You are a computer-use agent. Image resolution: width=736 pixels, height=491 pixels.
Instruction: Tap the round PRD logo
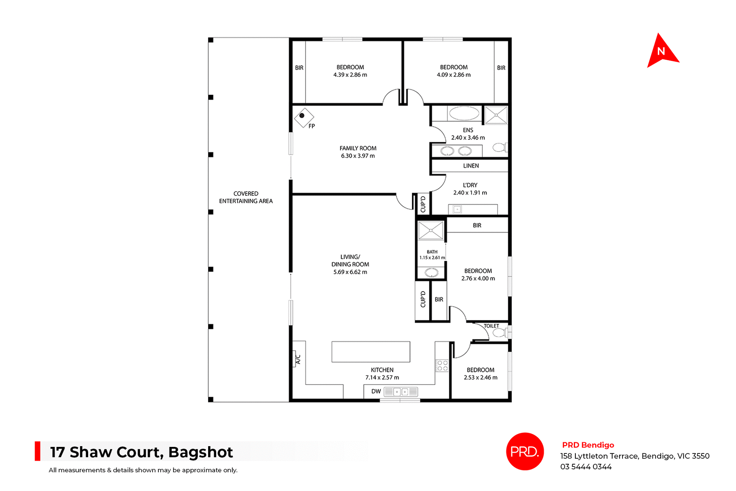[525, 451]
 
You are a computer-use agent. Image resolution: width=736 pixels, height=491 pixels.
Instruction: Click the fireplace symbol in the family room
[304, 117]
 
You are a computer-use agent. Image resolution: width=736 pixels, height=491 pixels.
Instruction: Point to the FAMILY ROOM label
[358, 148]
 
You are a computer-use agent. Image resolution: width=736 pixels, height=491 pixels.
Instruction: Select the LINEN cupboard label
[471, 166]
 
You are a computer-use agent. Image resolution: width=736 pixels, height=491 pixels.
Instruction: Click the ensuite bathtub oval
[464, 113]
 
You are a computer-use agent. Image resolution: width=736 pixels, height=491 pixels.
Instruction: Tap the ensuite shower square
[496, 115]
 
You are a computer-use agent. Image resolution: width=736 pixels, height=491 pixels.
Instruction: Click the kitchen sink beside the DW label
[401, 392]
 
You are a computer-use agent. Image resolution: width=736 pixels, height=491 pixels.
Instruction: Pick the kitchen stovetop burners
[442, 366]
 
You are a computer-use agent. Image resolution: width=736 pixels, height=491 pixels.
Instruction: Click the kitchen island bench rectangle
[371, 351]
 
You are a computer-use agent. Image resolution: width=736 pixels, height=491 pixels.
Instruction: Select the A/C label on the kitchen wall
[298, 359]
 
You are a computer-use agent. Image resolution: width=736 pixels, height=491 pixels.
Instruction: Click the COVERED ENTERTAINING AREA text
[246, 197]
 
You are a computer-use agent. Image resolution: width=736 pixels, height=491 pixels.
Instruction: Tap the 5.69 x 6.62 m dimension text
[350, 272]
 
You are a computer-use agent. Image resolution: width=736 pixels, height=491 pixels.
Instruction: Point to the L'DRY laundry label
[470, 185]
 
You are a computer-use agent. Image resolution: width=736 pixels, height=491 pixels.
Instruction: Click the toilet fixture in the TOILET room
[499, 333]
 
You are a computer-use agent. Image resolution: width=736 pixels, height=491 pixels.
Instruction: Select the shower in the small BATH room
[431, 231]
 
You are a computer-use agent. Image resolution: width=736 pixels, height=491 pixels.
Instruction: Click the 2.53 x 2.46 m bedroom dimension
[480, 378]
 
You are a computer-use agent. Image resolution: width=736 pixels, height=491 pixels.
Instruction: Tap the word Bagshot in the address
[200, 452]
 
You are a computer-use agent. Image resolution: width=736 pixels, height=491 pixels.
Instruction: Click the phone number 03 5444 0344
[586, 467]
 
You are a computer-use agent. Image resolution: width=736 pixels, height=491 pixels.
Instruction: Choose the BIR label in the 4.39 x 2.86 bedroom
[299, 68]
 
